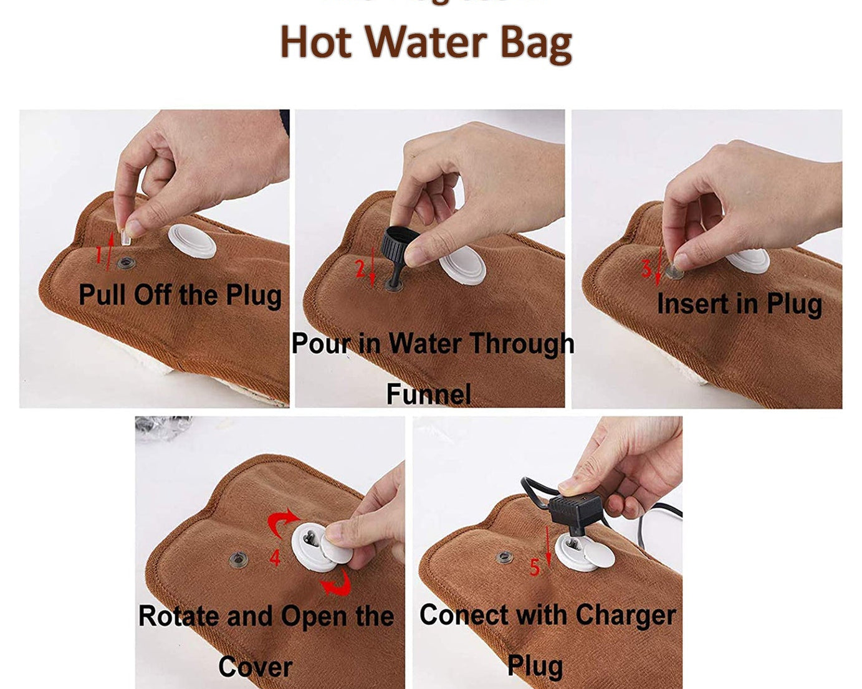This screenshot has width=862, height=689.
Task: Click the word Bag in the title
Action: click(x=535, y=44)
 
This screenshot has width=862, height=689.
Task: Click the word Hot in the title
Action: click(x=317, y=42)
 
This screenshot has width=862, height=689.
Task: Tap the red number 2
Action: click(x=360, y=268)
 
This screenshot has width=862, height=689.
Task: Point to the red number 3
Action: click(x=646, y=268)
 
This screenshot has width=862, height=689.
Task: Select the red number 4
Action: click(x=275, y=558)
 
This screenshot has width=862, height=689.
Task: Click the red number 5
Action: click(x=535, y=567)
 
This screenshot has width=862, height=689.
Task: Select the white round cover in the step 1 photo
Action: click(x=192, y=240)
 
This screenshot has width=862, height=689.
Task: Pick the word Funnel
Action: click(x=428, y=394)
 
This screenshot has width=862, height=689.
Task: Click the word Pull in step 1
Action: click(x=102, y=294)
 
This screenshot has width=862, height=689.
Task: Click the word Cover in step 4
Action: click(x=255, y=667)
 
